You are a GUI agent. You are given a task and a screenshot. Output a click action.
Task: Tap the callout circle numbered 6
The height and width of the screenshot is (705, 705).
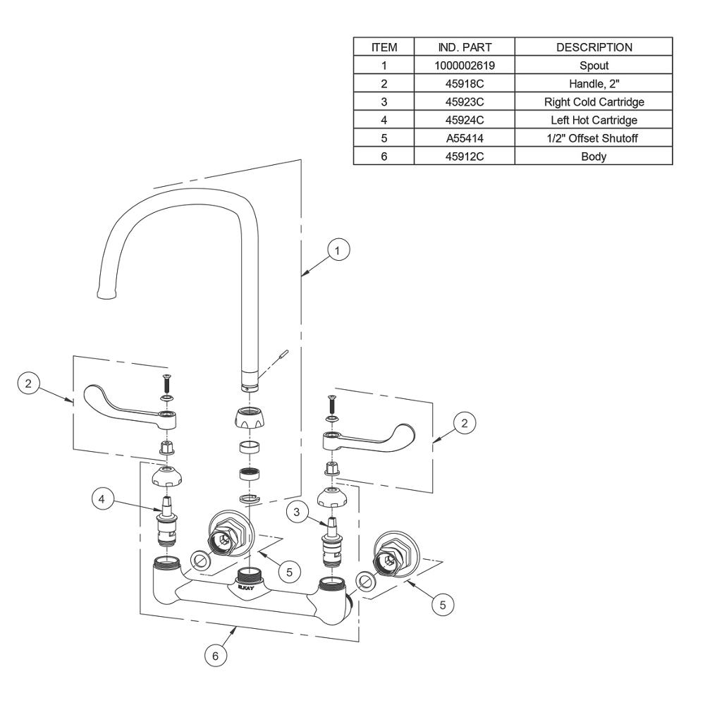[x=215, y=656]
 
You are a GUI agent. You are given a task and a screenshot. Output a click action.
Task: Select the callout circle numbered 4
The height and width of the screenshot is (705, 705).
[x=102, y=498]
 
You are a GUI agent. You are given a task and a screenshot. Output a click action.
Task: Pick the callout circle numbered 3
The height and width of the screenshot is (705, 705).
[x=297, y=512]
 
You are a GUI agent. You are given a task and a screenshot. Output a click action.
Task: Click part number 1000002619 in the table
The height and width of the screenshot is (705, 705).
[x=465, y=65]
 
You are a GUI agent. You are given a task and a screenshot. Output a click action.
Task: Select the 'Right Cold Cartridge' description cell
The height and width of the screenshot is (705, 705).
[x=594, y=102]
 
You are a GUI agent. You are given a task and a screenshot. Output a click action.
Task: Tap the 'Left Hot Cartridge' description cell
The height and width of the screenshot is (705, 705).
[x=594, y=120]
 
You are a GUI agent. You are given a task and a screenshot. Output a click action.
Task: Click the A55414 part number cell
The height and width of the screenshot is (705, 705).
[x=465, y=138]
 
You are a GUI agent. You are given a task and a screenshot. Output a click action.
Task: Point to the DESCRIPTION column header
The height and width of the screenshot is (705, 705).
[x=594, y=47]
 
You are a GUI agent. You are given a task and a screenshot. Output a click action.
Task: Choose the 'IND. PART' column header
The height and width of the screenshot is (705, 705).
[x=465, y=47]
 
